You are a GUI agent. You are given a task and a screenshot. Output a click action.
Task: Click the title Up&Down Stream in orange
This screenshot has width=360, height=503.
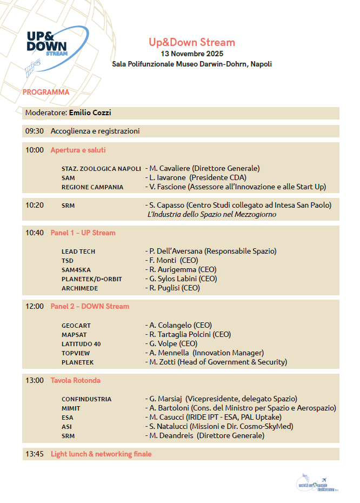click(192, 42)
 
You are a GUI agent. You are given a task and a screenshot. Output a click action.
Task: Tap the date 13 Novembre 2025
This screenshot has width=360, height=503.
click(192, 54)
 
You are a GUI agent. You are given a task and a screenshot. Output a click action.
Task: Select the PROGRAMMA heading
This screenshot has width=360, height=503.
click(46, 92)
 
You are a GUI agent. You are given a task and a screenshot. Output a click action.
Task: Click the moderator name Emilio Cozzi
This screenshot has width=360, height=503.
click(90, 113)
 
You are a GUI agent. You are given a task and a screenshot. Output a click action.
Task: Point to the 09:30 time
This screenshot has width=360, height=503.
click(34, 131)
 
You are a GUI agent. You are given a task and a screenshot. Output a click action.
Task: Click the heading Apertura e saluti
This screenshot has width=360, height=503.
click(78, 150)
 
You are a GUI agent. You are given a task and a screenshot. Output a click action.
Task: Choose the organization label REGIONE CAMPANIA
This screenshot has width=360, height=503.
click(92, 187)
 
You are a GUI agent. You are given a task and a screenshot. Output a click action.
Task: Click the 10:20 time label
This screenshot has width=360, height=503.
click(34, 205)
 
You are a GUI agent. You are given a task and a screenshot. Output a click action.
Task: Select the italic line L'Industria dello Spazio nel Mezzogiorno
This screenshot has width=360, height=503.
click(212, 215)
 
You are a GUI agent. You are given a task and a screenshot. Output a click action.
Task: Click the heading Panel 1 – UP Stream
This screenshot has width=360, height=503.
click(83, 233)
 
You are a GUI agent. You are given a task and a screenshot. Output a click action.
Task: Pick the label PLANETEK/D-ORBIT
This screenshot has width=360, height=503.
click(91, 279)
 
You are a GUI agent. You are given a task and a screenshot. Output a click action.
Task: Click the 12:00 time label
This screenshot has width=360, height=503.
click(34, 306)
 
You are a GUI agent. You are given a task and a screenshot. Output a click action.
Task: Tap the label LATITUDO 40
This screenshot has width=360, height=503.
click(81, 344)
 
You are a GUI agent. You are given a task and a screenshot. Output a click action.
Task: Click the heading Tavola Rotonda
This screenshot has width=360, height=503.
click(75, 380)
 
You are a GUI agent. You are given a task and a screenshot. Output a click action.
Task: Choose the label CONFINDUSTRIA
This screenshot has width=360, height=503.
click(86, 399)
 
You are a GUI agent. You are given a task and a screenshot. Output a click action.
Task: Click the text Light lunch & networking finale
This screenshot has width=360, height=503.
click(101, 454)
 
